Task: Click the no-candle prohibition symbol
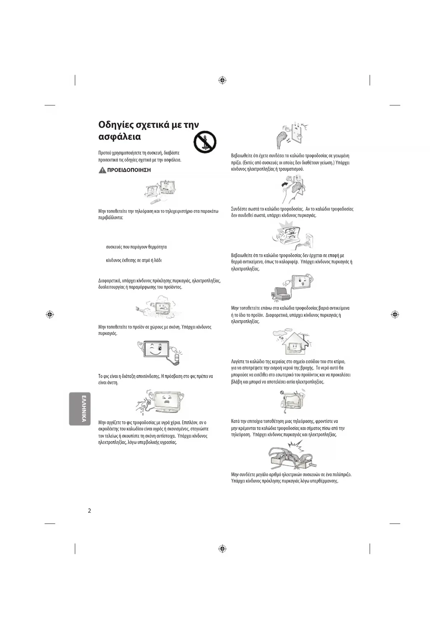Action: pyautogui.click(x=205, y=142)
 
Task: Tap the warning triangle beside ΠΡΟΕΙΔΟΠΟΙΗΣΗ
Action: pyautogui.click(x=102, y=170)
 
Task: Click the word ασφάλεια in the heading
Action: pyautogui.click(x=119, y=137)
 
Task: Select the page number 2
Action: pyautogui.click(x=89, y=511)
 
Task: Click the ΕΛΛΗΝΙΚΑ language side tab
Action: pyautogui.click(x=80, y=408)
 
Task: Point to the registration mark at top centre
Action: pyautogui.click(x=222, y=80)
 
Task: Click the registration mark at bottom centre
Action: pyautogui.click(x=222, y=549)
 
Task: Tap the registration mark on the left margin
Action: pyautogui.click(x=50, y=314)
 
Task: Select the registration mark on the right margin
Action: pyautogui.click(x=395, y=314)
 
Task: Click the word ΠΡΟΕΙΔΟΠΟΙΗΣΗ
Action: pyautogui.click(x=129, y=170)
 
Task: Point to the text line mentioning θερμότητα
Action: pyautogui.click(x=136, y=247)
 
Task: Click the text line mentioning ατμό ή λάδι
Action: pyautogui.click(x=134, y=260)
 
